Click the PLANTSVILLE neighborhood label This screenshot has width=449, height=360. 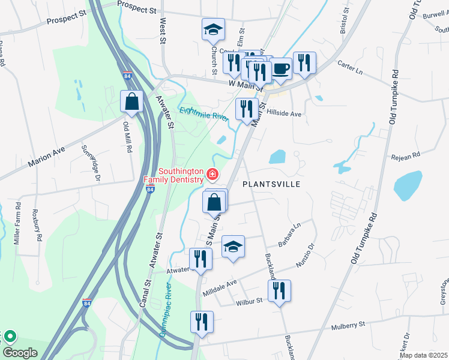[x=271, y=184]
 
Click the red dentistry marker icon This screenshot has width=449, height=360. [x=211, y=175]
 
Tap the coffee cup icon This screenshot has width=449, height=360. [x=281, y=67]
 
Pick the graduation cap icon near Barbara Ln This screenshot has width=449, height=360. [x=233, y=246]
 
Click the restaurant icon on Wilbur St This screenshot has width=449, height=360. [x=279, y=292]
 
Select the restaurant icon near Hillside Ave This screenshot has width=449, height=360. [x=247, y=109]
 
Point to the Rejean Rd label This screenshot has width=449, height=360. [x=406, y=157]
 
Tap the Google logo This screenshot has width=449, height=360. [x=20, y=352]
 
